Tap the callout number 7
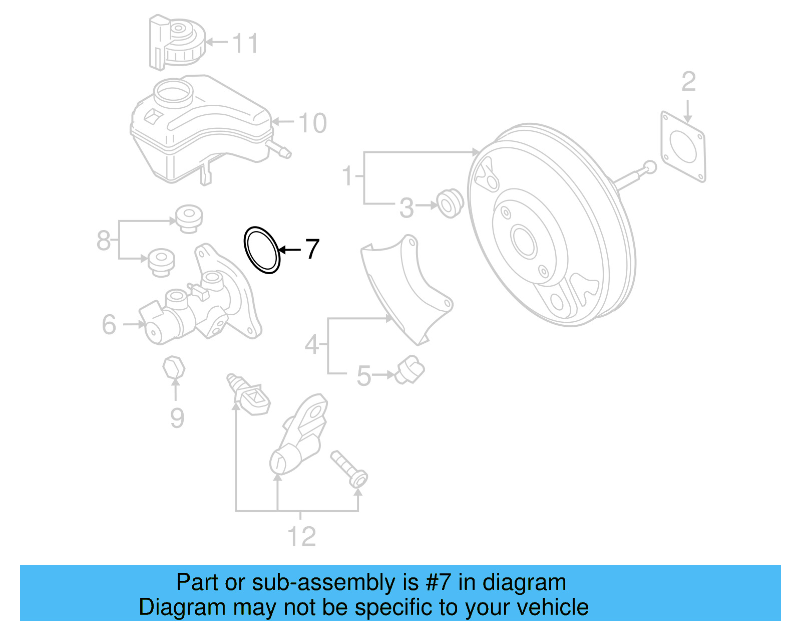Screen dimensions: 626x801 tap(312, 249)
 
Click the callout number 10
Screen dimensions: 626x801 tap(312, 123)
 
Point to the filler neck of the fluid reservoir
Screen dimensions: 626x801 tap(173, 93)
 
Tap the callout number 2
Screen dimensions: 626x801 tap(688, 81)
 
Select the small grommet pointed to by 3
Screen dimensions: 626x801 tap(450, 203)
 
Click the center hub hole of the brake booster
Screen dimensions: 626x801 tap(524, 242)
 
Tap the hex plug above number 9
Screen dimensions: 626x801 tap(174, 369)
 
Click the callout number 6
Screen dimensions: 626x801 tap(109, 325)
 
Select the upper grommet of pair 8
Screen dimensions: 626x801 tap(189, 218)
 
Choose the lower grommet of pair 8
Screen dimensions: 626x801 tap(161, 261)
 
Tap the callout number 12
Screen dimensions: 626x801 tap(301, 537)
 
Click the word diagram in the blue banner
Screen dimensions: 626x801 tap(524, 582)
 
